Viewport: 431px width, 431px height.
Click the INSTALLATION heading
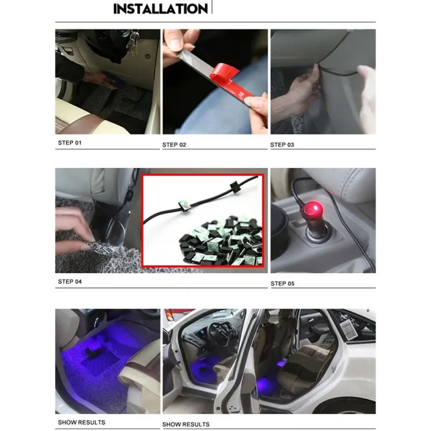click(160, 9)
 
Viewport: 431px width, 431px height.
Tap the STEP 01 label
click(70, 143)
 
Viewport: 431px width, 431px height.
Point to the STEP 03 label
click(285, 144)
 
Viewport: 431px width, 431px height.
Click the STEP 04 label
click(70, 281)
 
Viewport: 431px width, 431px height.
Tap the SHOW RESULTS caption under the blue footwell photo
click(81, 422)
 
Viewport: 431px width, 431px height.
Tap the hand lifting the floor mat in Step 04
click(73, 226)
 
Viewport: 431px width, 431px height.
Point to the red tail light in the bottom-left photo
click(169, 315)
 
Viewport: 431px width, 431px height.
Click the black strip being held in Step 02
click(194, 59)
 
